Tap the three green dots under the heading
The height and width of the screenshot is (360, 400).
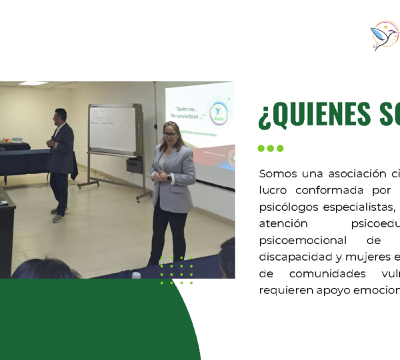[271, 148]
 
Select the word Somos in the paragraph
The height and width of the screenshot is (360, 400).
[279, 174]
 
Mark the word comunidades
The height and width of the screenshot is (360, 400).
[330, 273]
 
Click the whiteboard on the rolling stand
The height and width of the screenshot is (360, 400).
[113, 131]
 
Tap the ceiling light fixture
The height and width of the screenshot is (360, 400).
[33, 83]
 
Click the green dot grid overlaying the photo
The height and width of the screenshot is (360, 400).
[177, 270]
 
